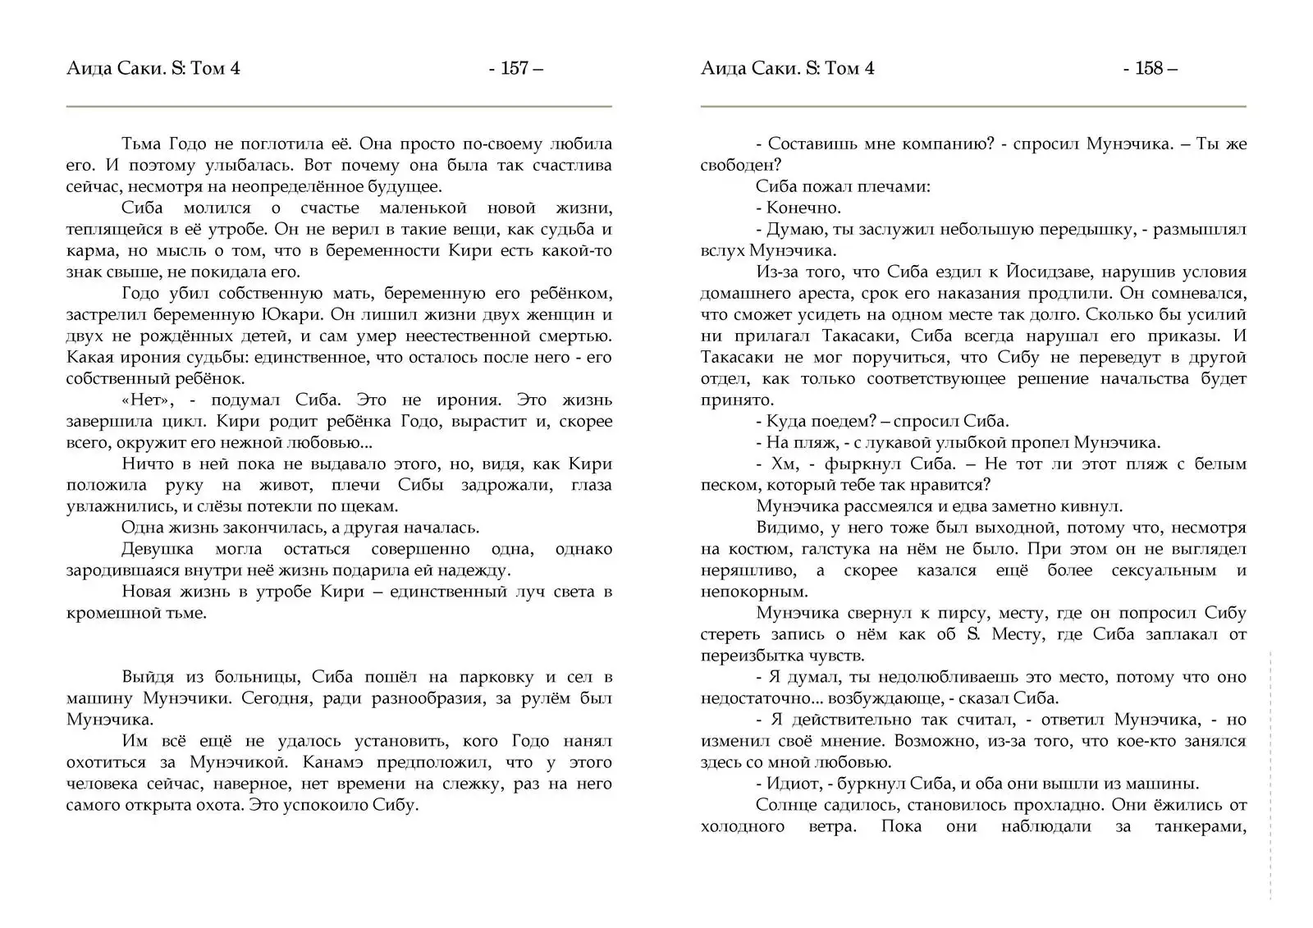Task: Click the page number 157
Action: coord(515,68)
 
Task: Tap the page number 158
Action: coord(1149,68)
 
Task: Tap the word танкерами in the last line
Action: coord(1201,826)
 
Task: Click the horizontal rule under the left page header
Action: coord(339,107)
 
